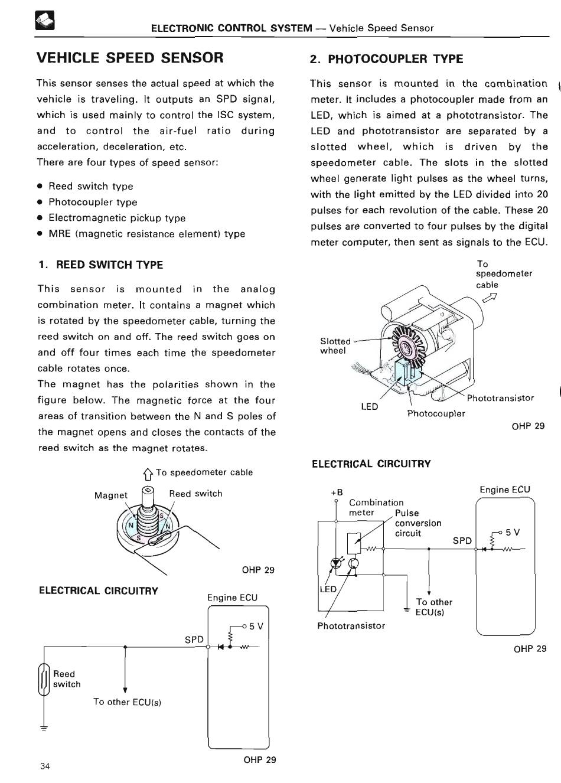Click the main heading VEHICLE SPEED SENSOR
coord(130,57)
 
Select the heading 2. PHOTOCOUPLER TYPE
coord(386,58)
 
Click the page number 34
coord(45,766)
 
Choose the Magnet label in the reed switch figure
coord(110,495)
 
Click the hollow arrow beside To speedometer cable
coord(148,473)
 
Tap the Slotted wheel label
coord(335,346)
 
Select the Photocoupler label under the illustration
coord(436,413)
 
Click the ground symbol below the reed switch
coord(43,727)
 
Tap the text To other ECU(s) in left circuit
coord(127,702)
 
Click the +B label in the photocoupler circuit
coord(337,492)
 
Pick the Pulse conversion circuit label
coord(418,523)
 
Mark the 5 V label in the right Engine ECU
coord(513,532)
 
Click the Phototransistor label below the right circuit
coord(351,625)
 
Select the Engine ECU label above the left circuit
coord(232,598)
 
